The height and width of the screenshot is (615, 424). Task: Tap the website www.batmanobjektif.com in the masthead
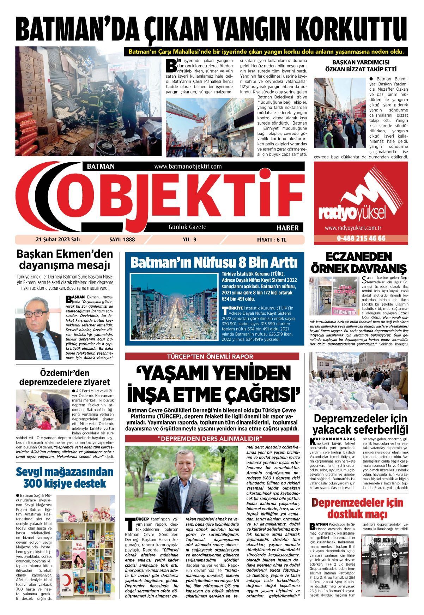(188, 166)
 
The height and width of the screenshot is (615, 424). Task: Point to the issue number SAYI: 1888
(122, 240)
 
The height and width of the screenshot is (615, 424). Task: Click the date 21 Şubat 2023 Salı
(58, 240)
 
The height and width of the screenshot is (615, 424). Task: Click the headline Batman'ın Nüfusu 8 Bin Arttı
(214, 263)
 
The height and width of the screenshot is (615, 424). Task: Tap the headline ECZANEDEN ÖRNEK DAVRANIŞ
(358, 262)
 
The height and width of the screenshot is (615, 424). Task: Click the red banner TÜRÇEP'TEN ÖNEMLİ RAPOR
(214, 356)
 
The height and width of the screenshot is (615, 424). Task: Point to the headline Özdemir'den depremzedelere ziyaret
(65, 377)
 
